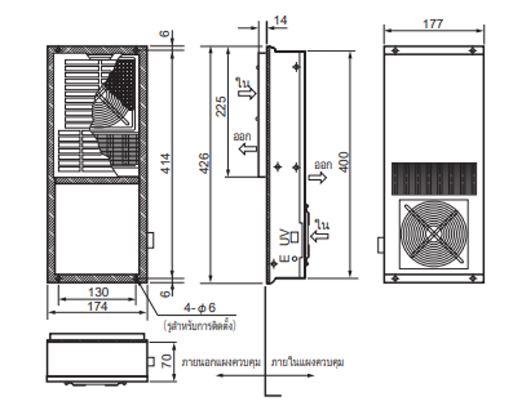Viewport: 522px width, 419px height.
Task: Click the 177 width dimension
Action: pyautogui.click(x=432, y=24)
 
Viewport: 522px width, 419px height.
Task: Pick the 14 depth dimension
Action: pyautogui.click(x=280, y=20)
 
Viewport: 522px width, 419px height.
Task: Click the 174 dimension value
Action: pyautogui.click(x=97, y=306)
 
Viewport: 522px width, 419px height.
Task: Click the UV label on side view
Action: pyautogui.click(x=283, y=237)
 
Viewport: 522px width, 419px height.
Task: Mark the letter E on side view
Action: pyautogui.click(x=283, y=260)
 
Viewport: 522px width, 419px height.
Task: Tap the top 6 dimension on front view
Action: pyautogui.click(x=166, y=34)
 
